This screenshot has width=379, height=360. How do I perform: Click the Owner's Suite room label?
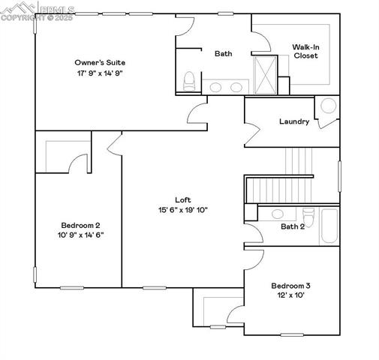click(x=99, y=62)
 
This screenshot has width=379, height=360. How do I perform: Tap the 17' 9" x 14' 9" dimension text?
click(x=99, y=73)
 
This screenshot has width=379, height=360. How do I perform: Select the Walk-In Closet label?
click(x=305, y=51)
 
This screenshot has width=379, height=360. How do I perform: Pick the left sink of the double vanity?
click(x=216, y=88)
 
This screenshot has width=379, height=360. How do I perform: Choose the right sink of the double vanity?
click(x=236, y=88)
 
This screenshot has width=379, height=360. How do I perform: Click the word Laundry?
click(x=294, y=121)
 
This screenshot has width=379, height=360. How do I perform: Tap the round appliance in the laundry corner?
click(x=329, y=106)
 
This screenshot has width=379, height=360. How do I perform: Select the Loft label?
click(x=183, y=199)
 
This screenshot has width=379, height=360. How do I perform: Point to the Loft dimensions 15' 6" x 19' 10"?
click(x=183, y=210)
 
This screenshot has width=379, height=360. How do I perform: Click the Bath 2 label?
click(x=293, y=226)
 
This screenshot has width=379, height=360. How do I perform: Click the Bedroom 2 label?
click(x=80, y=225)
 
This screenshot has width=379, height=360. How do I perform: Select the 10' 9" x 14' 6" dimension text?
click(x=80, y=235)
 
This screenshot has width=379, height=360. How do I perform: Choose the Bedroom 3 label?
click(x=291, y=286)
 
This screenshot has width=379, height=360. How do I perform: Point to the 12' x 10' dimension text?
click(x=291, y=295)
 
